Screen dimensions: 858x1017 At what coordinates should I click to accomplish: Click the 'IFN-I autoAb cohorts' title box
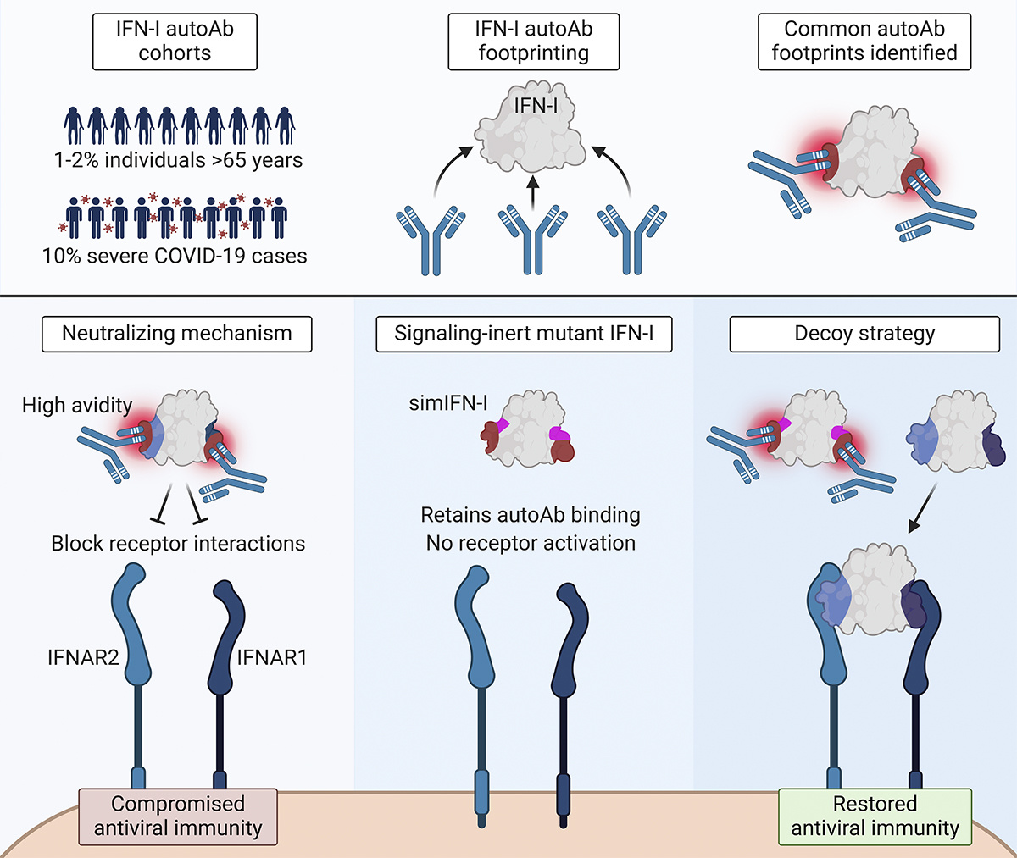pos(175,41)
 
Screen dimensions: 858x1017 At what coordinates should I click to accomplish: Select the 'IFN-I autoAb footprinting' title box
pos(534,41)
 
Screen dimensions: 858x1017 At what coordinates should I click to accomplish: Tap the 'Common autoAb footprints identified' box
pos(864,41)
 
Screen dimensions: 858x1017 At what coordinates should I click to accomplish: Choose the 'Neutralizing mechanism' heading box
pos(177,334)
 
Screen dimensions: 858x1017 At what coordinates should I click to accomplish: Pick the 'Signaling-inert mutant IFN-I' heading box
pos(524,334)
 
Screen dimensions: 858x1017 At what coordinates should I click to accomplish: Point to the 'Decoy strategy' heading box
pos(864,334)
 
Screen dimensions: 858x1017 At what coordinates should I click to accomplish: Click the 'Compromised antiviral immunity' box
pos(178,816)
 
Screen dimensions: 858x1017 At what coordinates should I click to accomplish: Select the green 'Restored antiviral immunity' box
pos(875,816)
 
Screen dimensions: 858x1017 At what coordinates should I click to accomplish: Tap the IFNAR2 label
pos(83,656)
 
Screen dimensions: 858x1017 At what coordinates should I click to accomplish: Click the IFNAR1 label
pos(271,656)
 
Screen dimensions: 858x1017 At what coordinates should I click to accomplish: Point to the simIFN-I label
pos(447,404)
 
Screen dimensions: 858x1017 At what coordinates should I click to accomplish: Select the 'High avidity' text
pos(77,406)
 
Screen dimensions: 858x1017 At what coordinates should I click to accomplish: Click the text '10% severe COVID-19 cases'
pos(175,255)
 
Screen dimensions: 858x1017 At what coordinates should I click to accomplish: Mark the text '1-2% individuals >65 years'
pos(178,159)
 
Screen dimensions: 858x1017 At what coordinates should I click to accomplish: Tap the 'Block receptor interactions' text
pos(178,543)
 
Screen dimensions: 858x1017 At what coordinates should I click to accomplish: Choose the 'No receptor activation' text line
pos(531,543)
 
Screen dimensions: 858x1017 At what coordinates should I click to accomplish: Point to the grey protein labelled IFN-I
pos(532,131)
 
